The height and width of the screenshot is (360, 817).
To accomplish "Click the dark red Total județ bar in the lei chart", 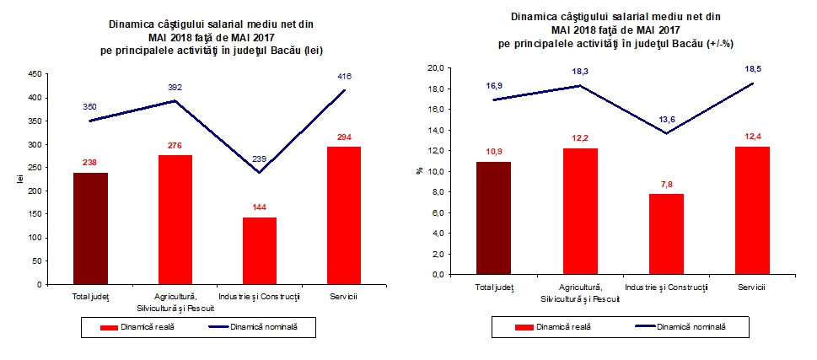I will [x=90, y=228].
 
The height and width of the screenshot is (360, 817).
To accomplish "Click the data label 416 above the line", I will [x=343, y=77].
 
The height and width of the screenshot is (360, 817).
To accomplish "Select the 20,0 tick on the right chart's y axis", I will [x=436, y=68].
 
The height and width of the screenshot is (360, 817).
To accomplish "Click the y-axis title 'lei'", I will [x=14, y=180].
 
